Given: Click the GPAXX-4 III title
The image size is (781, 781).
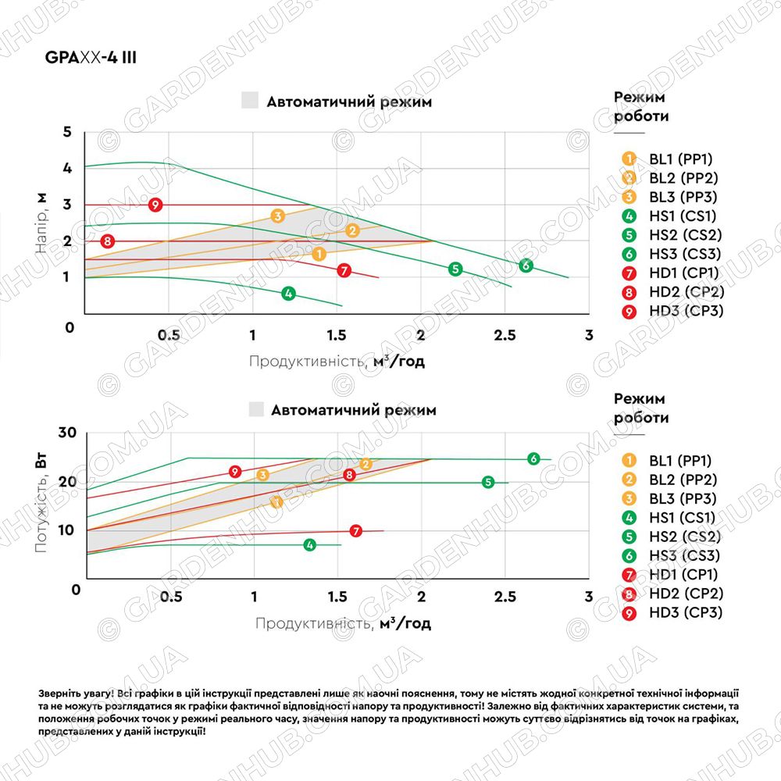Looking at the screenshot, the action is point(91,57).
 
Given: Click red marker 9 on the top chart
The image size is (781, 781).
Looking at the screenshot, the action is point(155,205).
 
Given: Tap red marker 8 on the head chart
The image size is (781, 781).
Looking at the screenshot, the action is point(108,241).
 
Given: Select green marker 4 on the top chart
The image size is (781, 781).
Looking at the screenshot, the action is point(288,294).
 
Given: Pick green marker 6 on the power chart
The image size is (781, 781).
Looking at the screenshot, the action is point(533,458).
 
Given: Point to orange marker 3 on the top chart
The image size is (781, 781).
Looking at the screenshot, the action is point(278,216).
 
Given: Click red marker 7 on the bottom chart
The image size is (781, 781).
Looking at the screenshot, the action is point(355,531).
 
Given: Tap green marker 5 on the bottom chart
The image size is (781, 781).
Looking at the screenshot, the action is point(488,482).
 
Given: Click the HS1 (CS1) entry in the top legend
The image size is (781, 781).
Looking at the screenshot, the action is point(683,216).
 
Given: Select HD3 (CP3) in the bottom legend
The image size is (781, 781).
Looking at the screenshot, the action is point(686,612).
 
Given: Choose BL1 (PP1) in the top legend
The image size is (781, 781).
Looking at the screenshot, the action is point(681,159).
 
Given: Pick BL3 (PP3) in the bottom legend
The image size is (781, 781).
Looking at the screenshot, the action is point(683,498).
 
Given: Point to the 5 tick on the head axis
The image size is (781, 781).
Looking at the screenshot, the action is point(67,132).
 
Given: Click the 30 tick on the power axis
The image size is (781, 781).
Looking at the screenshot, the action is point(67,433).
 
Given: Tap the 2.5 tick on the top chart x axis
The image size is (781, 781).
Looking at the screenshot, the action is point(505,335).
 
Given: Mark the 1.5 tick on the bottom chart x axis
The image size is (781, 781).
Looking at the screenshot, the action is point(337,596).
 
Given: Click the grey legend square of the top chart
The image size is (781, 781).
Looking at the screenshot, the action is point(250,100).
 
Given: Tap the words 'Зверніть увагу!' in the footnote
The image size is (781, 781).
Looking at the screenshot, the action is point(77,694).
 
